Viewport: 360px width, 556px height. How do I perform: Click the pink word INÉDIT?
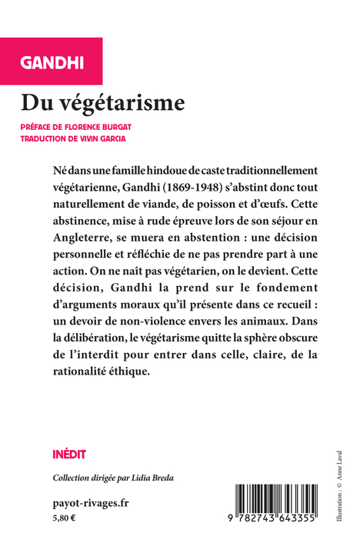coord(69,454)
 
